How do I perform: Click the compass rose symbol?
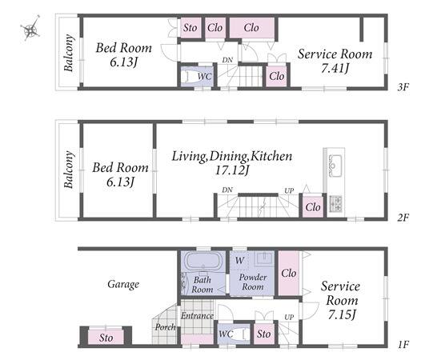point(30,28)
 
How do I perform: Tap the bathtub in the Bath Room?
point(203,261)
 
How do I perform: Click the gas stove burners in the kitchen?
point(335,204)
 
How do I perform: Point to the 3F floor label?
point(403,87)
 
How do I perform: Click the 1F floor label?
point(403,345)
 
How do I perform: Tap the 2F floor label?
point(403,218)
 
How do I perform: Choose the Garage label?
point(123,284)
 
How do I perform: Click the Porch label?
point(165,327)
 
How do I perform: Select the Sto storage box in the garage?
point(106,338)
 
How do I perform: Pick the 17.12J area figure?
point(232,170)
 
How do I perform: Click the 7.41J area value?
point(335,68)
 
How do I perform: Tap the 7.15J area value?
point(341,314)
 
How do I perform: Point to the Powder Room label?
point(253,282)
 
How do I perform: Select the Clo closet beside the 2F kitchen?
point(313,207)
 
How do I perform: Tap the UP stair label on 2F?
point(289,190)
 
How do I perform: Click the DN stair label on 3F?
point(227,60)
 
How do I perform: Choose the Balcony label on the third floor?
point(69,53)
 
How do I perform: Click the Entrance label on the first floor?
point(197,315)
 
